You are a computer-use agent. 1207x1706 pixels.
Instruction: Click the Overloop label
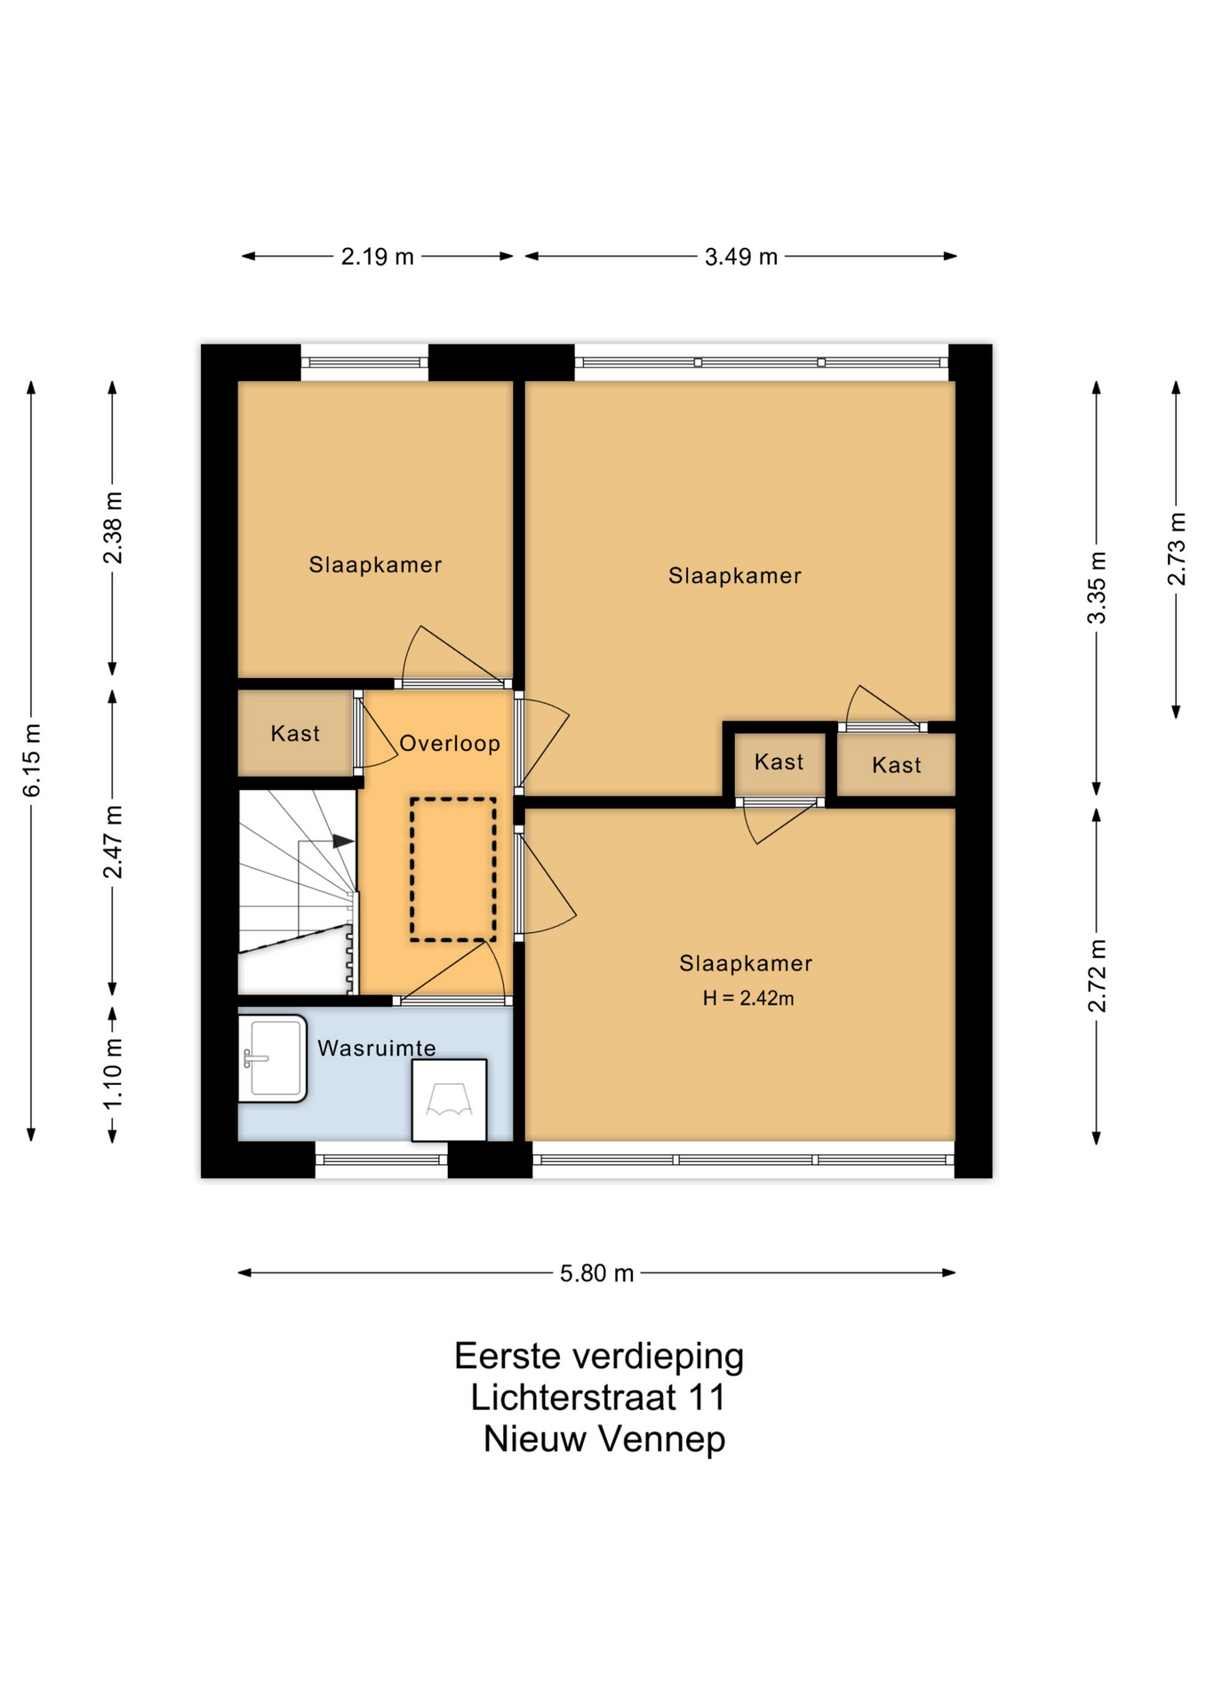(x=450, y=743)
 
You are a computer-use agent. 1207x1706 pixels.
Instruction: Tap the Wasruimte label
(x=377, y=1048)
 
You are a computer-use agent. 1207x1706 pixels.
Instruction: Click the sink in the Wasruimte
(x=273, y=1058)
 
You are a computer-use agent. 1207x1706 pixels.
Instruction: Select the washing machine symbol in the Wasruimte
(x=449, y=1100)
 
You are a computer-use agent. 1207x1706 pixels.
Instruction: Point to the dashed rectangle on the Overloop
(x=453, y=869)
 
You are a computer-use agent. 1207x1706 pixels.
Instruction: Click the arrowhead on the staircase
(x=343, y=841)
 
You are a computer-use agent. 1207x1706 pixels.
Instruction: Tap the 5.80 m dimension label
(x=596, y=1273)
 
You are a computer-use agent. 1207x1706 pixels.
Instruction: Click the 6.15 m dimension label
(x=32, y=760)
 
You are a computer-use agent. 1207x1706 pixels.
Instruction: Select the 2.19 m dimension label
(x=378, y=257)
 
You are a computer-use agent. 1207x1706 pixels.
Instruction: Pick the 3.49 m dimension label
(x=741, y=257)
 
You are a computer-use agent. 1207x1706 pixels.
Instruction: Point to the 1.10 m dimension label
(x=113, y=1073)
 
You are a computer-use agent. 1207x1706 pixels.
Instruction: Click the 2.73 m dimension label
(x=1177, y=549)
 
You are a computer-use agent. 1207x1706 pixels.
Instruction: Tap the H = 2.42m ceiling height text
(x=748, y=998)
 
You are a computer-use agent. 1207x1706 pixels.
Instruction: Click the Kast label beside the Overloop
(x=295, y=733)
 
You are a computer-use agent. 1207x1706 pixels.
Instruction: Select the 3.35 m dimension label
(x=1098, y=587)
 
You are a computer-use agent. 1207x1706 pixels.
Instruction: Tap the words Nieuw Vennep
(x=604, y=1439)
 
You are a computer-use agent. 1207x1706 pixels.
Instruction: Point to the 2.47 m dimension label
(x=113, y=841)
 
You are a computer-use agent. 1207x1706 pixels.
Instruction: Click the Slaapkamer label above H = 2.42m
(x=746, y=963)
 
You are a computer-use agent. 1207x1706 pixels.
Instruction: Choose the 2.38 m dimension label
(x=113, y=528)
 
